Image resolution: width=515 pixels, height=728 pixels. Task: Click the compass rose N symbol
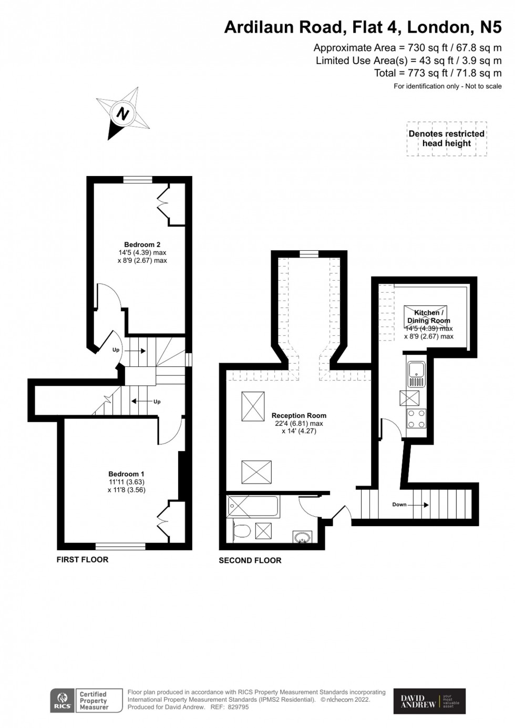click(x=123, y=114)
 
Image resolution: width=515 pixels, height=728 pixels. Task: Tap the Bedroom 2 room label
click(x=142, y=244)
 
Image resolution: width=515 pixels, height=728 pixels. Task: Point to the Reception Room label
click(x=298, y=415)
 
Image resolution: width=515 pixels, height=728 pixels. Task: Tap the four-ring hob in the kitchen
click(x=416, y=418)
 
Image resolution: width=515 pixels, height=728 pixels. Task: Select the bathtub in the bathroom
click(x=254, y=507)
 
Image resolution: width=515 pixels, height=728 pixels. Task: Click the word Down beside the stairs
click(x=399, y=505)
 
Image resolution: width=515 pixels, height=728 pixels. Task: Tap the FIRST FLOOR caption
click(x=83, y=560)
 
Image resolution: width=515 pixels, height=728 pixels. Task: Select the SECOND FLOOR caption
click(x=250, y=561)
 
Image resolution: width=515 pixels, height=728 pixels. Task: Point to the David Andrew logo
click(x=429, y=701)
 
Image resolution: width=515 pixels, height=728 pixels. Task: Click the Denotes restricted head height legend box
click(x=447, y=139)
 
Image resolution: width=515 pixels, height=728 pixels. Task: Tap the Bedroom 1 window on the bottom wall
click(x=120, y=546)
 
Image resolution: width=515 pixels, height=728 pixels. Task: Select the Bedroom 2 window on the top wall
click(x=138, y=180)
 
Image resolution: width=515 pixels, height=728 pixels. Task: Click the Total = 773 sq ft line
click(x=437, y=73)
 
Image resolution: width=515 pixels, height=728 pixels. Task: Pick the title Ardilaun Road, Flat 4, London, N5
click(x=363, y=27)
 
